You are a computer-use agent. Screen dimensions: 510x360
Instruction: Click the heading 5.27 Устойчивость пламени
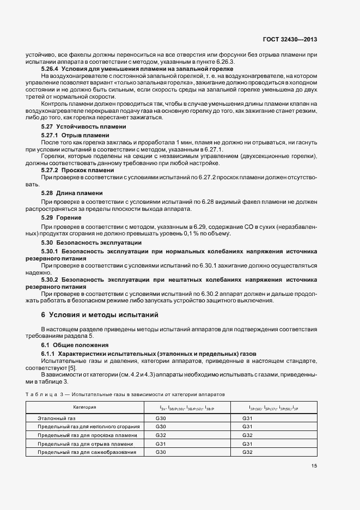click(x=83, y=126)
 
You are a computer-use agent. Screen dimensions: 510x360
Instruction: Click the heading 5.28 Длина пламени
click(x=72, y=193)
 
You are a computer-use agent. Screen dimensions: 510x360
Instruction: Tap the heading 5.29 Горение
click(x=62, y=217)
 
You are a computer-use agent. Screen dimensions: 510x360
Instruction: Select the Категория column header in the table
click(x=85, y=407)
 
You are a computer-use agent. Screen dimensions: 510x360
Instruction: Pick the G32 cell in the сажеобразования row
click(x=248, y=452)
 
